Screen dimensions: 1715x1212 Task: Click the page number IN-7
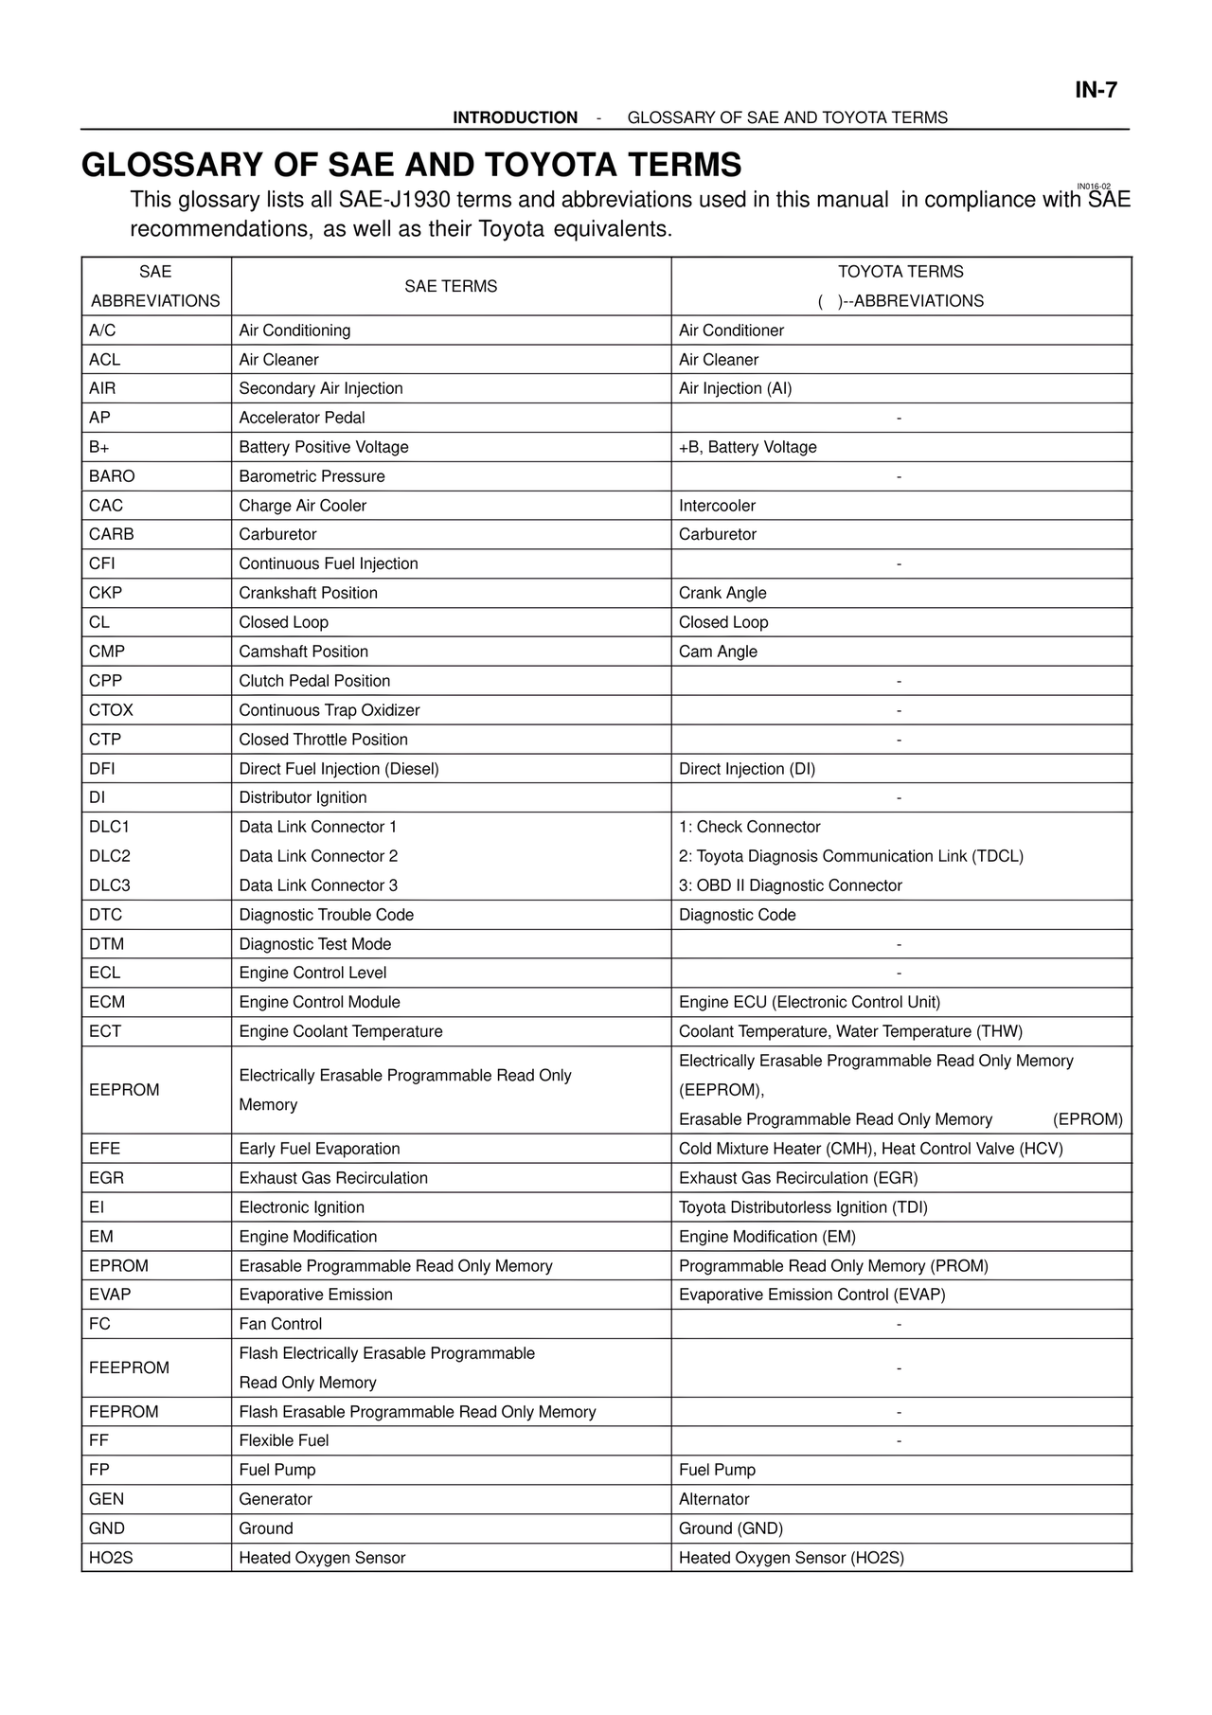point(1096,90)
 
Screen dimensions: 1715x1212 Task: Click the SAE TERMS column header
point(451,286)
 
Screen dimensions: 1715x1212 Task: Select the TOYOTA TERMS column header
point(900,272)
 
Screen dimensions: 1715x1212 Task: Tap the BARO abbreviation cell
point(112,476)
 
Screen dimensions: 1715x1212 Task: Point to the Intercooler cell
point(717,506)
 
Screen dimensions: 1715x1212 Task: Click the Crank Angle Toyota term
point(722,593)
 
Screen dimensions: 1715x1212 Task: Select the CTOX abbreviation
point(111,710)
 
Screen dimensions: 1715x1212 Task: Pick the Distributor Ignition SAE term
point(303,797)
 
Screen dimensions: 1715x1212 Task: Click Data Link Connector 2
point(318,856)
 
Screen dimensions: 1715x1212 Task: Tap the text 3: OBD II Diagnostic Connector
point(791,885)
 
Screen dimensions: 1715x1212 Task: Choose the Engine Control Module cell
point(319,1002)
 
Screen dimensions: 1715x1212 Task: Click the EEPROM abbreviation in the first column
point(124,1090)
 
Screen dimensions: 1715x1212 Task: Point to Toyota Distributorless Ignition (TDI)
point(803,1207)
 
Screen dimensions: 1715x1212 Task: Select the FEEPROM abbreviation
point(129,1367)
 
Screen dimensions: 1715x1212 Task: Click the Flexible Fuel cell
point(284,1440)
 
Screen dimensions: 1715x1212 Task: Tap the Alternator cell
point(714,1499)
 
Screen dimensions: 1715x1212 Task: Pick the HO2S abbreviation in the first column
point(111,1558)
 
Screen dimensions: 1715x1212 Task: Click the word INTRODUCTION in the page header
point(515,117)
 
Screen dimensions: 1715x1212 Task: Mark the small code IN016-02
point(1094,187)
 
